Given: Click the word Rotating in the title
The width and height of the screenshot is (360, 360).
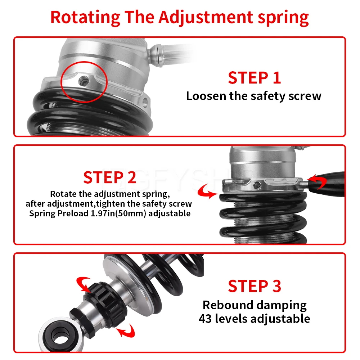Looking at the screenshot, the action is [85, 17].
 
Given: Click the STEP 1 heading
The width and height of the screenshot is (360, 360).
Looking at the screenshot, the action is [255, 78].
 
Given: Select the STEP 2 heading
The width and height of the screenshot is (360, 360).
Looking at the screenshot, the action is [110, 177].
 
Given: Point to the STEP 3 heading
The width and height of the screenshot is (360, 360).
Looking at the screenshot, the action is [255, 286].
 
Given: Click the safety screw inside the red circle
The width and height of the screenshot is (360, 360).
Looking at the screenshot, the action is [84, 81].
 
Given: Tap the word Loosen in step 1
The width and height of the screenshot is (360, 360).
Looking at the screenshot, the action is [206, 96].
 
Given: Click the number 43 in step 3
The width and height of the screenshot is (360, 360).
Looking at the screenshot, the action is [205, 319].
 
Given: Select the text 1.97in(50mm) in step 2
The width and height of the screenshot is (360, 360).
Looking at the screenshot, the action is [118, 213].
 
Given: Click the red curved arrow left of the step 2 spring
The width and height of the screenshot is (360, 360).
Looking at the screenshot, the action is [207, 192].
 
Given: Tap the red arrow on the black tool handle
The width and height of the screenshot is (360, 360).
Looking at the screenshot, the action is [318, 181].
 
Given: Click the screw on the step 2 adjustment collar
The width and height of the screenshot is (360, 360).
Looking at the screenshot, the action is [257, 185].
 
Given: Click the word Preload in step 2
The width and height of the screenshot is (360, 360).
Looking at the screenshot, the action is [73, 213].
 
